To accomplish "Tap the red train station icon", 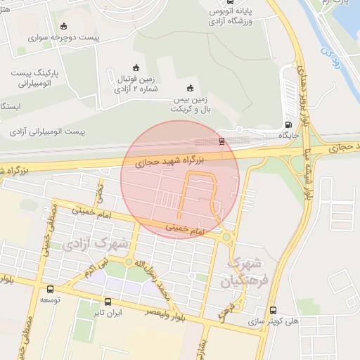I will [222, 142].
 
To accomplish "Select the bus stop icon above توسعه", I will [49, 289].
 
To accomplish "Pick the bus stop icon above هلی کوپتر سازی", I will [273, 310].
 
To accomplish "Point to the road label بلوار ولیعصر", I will [168, 314].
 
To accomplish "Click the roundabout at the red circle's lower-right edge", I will [226, 239].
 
